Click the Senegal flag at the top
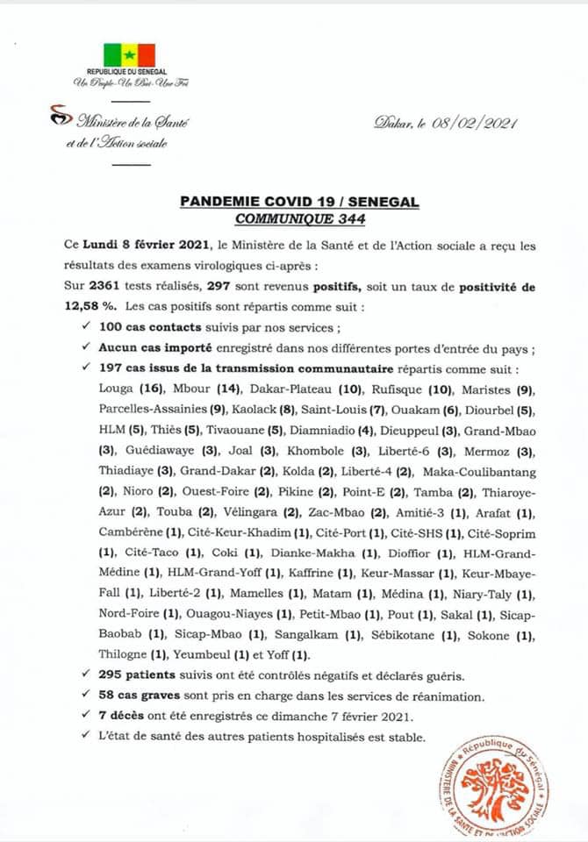129,54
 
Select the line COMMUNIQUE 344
299,218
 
